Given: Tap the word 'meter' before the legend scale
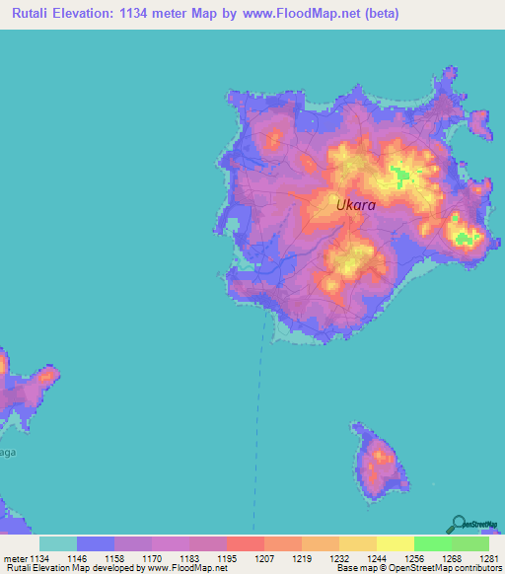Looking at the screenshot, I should point(17,557).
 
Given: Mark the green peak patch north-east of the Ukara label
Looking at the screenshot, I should point(404,177).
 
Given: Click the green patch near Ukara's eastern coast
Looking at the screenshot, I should point(466,236).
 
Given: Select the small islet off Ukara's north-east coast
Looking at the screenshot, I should point(480,123).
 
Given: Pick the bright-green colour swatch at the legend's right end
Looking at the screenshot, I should point(470,543).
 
